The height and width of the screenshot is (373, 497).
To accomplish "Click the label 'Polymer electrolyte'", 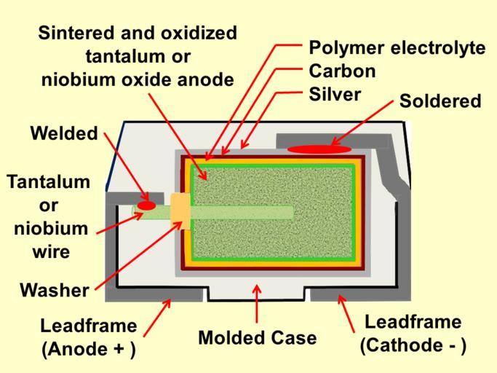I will point(397,48).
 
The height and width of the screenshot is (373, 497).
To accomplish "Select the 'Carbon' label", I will point(342,71).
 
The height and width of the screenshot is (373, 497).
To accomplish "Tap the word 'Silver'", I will point(335,94).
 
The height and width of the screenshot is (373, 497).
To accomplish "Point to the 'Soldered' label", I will point(440,101).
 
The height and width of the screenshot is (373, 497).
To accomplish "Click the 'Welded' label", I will point(63,133).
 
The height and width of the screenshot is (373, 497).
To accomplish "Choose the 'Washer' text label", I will point(54,290).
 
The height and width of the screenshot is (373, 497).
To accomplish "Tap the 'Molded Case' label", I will point(257,337).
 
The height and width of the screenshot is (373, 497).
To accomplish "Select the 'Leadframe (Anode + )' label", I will point(88,337).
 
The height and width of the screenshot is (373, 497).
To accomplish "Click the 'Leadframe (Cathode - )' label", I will point(413,333).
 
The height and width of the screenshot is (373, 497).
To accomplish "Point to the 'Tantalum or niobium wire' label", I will point(49,216).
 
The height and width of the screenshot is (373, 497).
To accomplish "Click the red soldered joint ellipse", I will point(319,149).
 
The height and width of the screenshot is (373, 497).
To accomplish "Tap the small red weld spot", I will point(146,206).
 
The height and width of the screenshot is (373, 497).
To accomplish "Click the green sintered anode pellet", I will point(277,233).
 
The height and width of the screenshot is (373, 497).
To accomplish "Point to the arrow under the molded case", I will point(257,303).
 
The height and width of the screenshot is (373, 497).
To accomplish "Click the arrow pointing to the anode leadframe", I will point(157,317).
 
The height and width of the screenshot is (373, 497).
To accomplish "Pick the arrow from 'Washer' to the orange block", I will point(138,254).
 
